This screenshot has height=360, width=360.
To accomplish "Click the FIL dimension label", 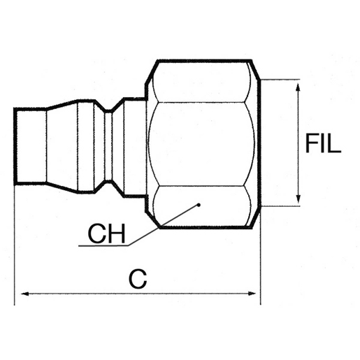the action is point(323,143).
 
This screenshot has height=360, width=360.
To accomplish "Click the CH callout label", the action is point(107,233).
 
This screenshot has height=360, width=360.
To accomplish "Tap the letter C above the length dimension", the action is point(138,279).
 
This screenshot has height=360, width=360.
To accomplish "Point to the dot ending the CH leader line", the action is point(199,205).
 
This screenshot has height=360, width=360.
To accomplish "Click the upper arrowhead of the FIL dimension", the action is point(298,87).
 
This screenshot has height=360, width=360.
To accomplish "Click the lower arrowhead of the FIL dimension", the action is point(298,199).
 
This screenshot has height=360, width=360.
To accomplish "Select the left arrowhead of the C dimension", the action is point(25,294).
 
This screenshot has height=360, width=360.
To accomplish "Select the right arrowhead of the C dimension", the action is point(251,294).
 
